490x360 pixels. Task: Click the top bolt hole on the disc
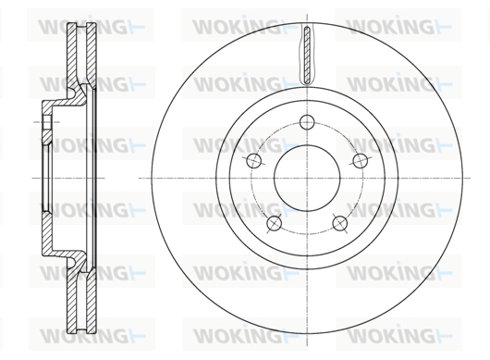point(307,122)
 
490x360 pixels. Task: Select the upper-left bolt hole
point(253,160)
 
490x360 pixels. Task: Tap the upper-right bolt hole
point(361,160)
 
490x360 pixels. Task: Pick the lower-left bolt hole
point(274,223)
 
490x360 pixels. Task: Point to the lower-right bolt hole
point(340,223)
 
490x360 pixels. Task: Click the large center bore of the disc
point(307,178)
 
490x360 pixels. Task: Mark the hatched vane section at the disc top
point(307,56)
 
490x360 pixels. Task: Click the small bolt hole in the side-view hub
point(47,122)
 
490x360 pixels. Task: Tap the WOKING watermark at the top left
point(91,26)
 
